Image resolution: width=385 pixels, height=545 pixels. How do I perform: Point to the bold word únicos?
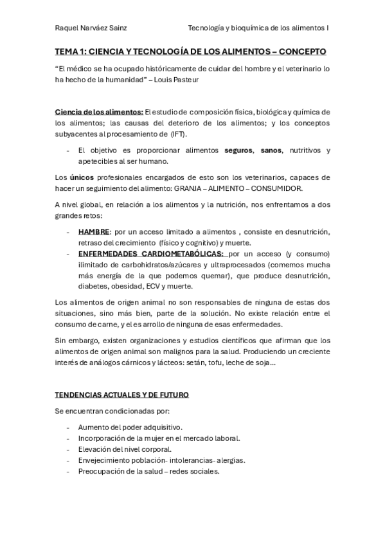(x=82, y=177)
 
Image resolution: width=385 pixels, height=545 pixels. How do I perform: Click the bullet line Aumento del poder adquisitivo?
(x=130, y=427)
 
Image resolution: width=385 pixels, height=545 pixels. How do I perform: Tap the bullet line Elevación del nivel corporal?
(x=129, y=449)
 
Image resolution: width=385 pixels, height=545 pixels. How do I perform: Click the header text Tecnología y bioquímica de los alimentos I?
(x=258, y=28)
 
